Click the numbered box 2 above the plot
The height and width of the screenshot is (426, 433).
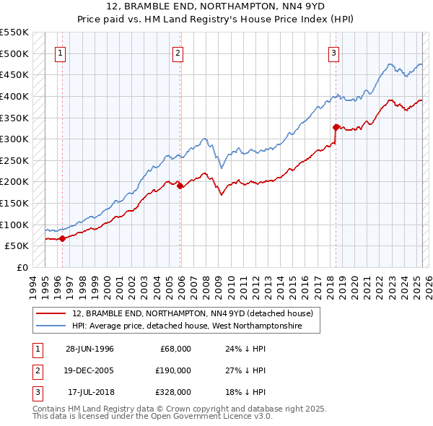click(178, 52)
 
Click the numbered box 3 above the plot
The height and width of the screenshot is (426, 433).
click(334, 52)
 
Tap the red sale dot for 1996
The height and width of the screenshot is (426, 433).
click(62, 238)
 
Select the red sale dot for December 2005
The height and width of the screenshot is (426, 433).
click(180, 186)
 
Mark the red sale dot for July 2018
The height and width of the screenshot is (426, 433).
click(336, 127)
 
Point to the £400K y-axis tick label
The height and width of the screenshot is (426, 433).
click(14, 96)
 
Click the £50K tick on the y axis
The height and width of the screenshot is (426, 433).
click(17, 246)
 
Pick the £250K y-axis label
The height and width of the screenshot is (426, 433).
click(14, 160)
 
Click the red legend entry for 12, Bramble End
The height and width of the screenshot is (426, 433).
click(192, 314)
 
